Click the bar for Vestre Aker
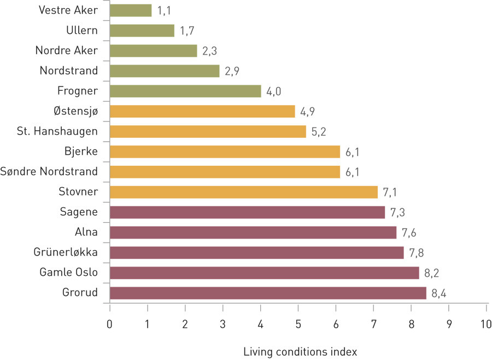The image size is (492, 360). click(x=131, y=10)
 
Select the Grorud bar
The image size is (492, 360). click(x=268, y=293)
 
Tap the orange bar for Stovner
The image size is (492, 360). click(x=244, y=192)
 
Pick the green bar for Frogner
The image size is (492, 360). click(x=185, y=91)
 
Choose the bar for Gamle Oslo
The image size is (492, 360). click(x=264, y=272)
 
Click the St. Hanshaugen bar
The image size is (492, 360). click(x=208, y=131)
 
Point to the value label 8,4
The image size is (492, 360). click(x=439, y=293)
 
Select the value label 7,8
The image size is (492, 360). click(x=417, y=253)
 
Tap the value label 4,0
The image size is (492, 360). click(x=274, y=91)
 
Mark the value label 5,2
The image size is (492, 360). click(x=319, y=132)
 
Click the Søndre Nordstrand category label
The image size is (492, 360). click(x=49, y=172)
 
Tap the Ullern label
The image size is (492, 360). click(x=82, y=31)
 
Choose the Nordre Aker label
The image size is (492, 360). click(x=66, y=51)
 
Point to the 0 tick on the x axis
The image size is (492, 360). click(x=110, y=323)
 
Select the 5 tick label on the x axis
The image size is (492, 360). click(x=298, y=323)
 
